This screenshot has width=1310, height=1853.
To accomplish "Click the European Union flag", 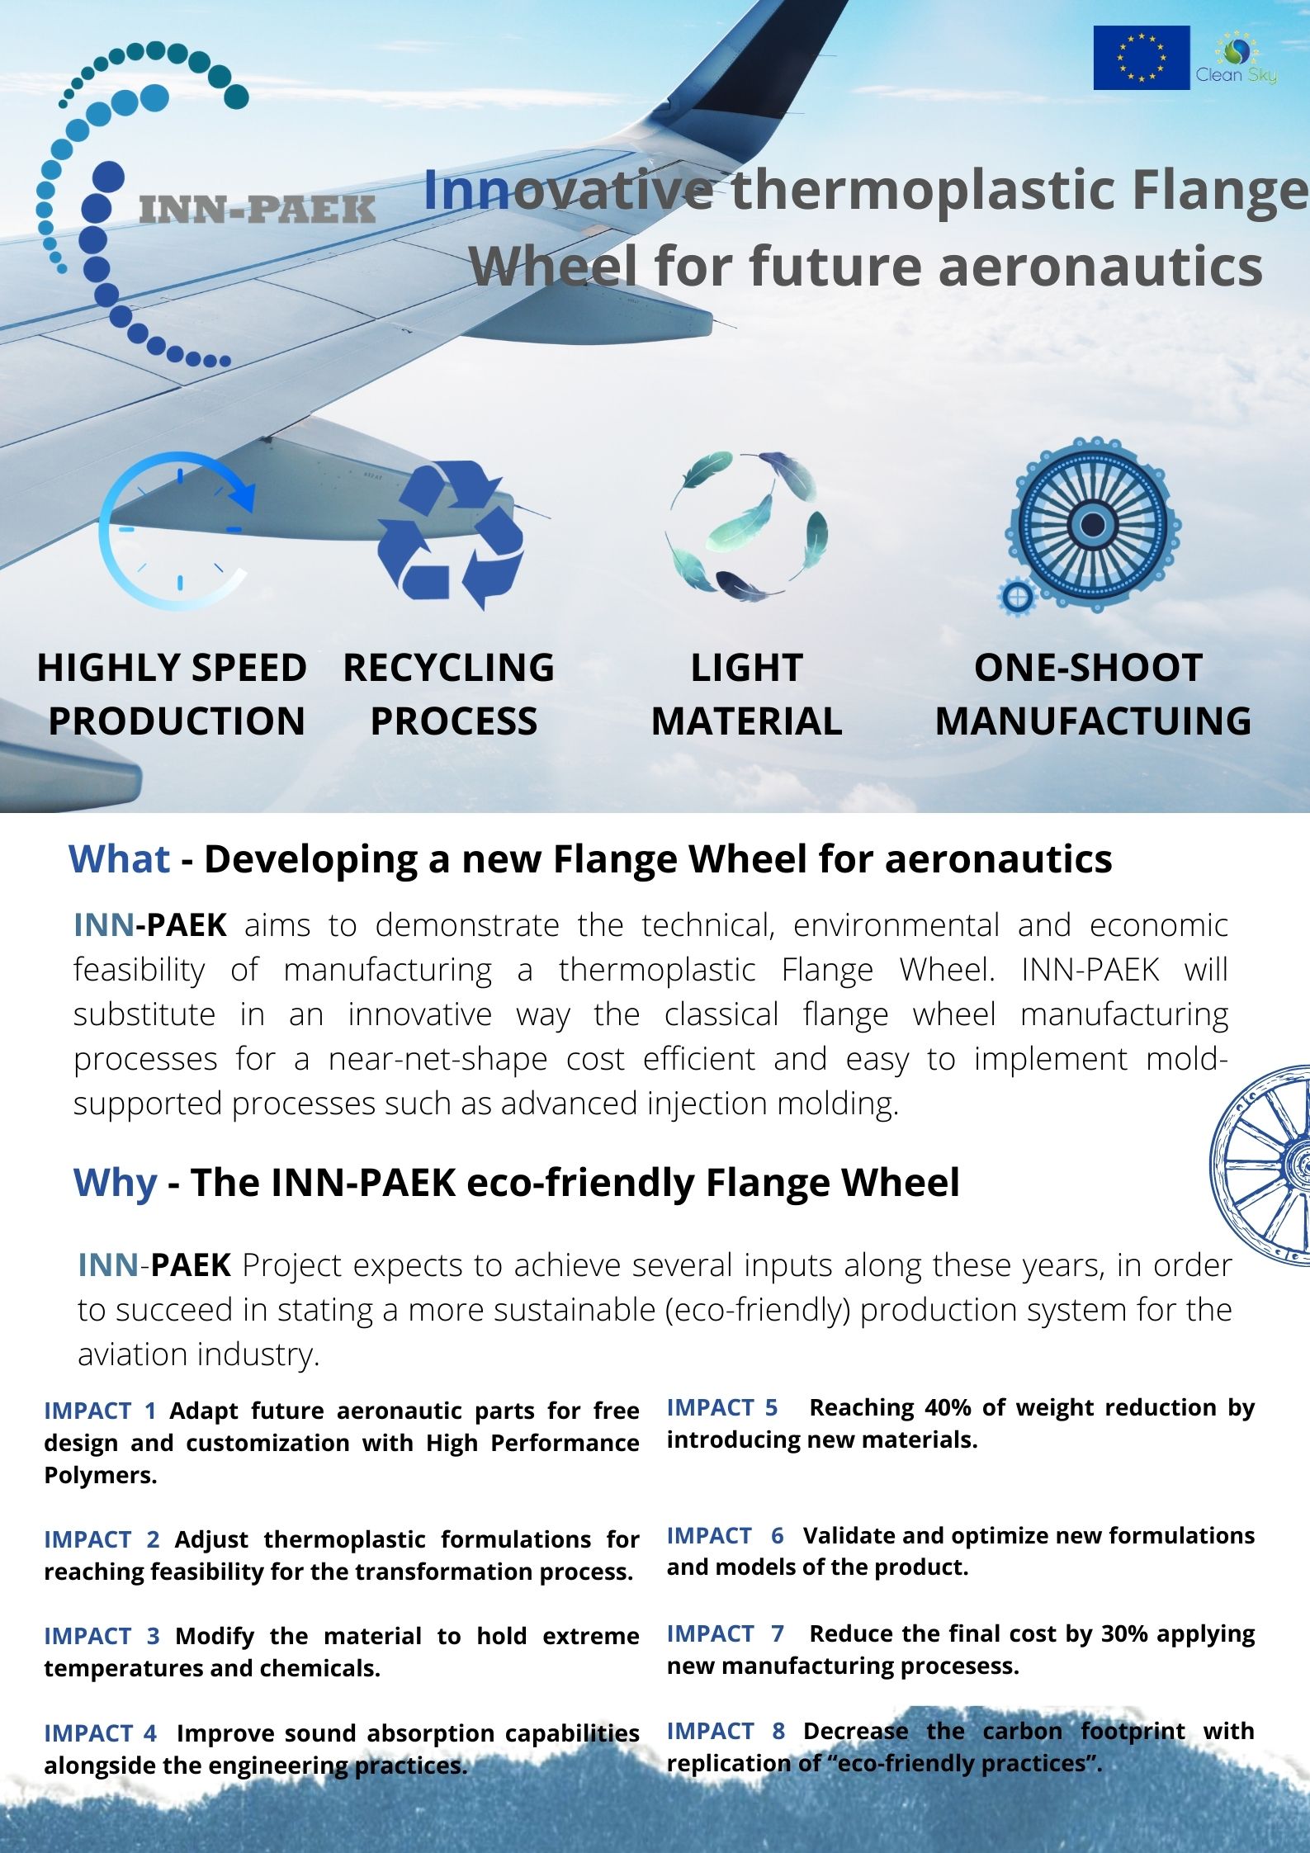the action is pyautogui.click(x=1142, y=58).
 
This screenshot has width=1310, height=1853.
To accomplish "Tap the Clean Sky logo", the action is pyautogui.click(x=1236, y=58).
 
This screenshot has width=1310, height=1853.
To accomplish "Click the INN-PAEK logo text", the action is pyautogui.click(x=258, y=210).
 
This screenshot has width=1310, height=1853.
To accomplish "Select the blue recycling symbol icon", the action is pyautogui.click(x=451, y=535).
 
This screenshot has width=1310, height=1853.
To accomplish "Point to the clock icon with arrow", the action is pyautogui.click(x=176, y=531).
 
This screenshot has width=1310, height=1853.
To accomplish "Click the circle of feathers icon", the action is pyautogui.click(x=746, y=526).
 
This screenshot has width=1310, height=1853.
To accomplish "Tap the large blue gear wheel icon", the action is pyautogui.click(x=1093, y=524).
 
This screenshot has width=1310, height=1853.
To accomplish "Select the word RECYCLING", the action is pyautogui.click(x=448, y=668).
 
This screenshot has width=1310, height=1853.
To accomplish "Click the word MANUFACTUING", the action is pyautogui.click(x=1093, y=721).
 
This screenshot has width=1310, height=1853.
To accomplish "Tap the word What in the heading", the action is pyautogui.click(x=120, y=859).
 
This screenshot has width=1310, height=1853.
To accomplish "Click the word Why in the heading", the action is pyautogui.click(x=115, y=1182).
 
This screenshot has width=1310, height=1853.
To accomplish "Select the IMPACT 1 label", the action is pyautogui.click(x=100, y=1411).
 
